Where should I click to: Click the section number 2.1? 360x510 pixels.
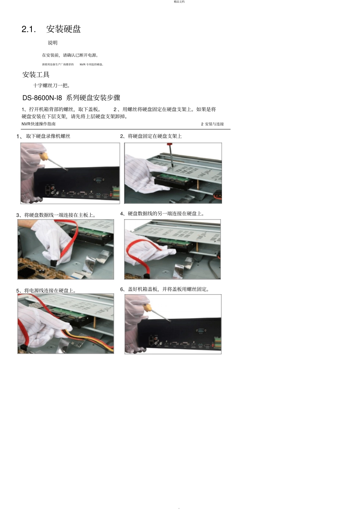click(28, 29)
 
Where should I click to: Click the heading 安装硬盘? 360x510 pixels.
click(63, 29)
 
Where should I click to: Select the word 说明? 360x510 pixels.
click(53, 43)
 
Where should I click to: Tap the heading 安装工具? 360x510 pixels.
click(36, 75)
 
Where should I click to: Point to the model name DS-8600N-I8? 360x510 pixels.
click(42, 98)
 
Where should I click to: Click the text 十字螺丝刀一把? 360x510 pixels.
click(51, 86)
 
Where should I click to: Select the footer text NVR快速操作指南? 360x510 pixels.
click(39, 124)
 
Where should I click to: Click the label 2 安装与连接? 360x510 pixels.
click(212, 124)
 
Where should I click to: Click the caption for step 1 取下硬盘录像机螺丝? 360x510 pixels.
click(48, 136)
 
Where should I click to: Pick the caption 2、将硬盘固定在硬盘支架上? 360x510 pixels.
click(151, 136)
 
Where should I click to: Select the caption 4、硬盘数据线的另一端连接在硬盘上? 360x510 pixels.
click(162, 214)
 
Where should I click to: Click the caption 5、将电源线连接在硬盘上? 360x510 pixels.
click(46, 291)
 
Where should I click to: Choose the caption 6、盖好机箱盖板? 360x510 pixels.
click(165, 289)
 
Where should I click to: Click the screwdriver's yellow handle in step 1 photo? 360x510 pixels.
click(44, 156)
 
